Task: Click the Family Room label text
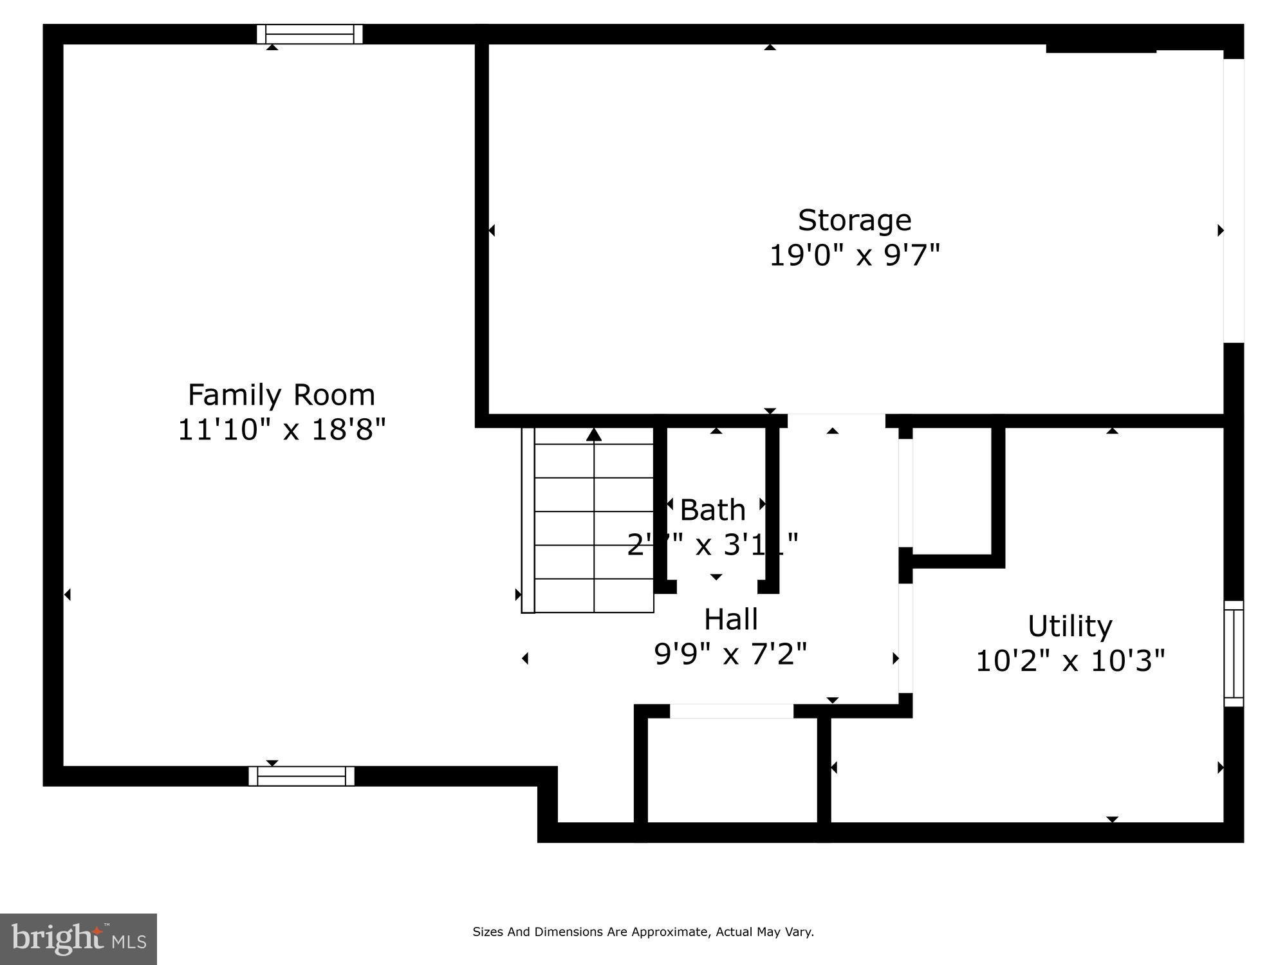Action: tap(281, 395)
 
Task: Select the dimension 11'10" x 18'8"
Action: tap(281, 430)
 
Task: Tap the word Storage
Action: tap(855, 221)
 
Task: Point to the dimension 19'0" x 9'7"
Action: tap(855, 255)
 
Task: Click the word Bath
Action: tap(712, 510)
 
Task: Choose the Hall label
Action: tap(730, 620)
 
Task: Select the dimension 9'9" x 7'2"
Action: tap(730, 654)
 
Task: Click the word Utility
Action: tap(1069, 626)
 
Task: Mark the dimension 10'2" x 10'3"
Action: tap(1070, 661)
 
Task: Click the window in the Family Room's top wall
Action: tap(310, 34)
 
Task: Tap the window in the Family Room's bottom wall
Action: tap(301, 776)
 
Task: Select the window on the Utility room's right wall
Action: tap(1234, 654)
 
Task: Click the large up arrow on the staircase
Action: tap(594, 436)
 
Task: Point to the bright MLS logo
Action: tap(79, 939)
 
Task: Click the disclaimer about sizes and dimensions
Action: tap(643, 932)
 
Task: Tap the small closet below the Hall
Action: tap(732, 769)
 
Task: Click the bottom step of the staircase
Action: tap(594, 596)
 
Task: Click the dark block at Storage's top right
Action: tap(1100, 48)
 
